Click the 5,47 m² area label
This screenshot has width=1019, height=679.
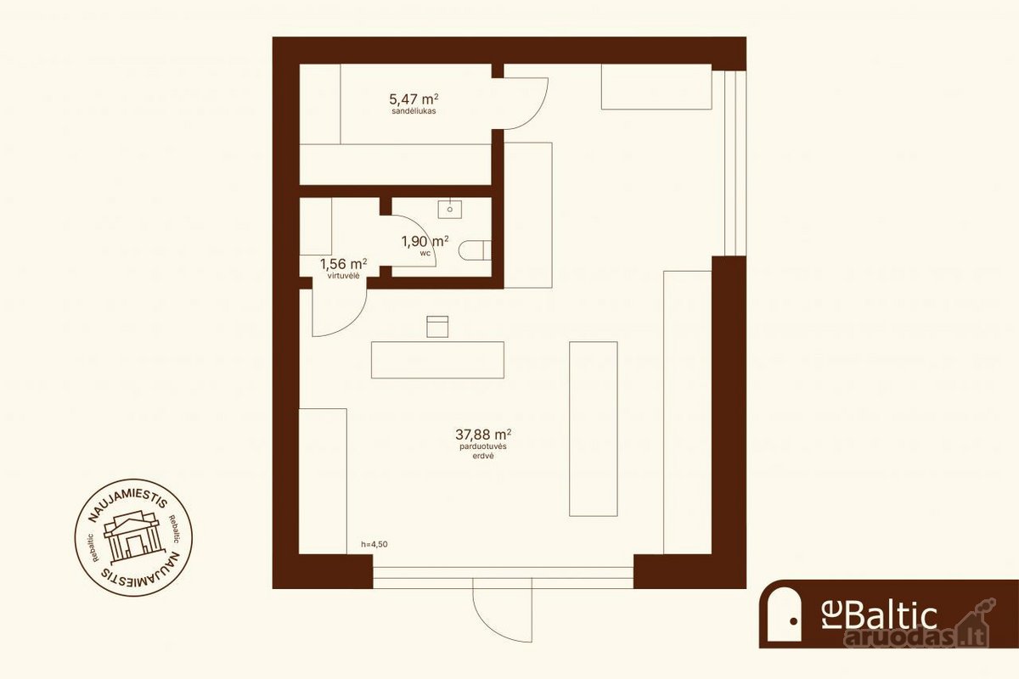point(414,98)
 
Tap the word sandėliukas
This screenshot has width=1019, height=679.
point(414,111)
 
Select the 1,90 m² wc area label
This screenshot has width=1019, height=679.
point(425,242)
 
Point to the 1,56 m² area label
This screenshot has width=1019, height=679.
point(343,264)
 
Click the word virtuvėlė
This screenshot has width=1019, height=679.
point(343,276)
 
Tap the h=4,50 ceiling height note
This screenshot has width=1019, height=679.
point(374,544)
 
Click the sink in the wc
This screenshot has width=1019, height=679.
point(450,209)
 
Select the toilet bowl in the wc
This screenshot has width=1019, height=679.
point(475,250)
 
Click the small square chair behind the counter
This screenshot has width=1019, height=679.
point(437,327)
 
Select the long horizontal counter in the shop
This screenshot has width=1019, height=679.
point(437,360)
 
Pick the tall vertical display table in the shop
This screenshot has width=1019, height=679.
point(594,429)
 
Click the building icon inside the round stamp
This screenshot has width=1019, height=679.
point(132,536)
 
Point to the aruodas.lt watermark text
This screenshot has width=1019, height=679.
point(916,637)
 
